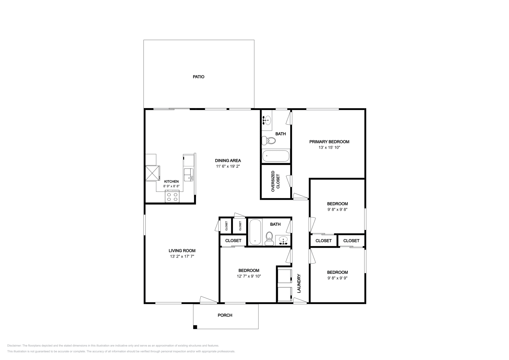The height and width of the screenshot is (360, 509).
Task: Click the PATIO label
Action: tap(199, 77)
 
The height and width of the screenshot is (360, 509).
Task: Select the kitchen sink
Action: tap(189, 174)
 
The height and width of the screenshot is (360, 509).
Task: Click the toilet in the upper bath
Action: tap(269, 140)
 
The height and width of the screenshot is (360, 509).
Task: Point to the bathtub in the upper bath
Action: tap(275, 156)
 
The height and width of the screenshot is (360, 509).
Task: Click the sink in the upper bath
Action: tap(267, 120)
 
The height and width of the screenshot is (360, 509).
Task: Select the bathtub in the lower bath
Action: tap(255, 232)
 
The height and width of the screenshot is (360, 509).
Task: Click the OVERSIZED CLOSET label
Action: tap(275, 182)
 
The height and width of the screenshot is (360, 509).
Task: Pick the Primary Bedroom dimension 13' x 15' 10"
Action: tap(329, 148)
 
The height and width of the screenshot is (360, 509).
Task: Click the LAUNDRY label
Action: tap(299, 283)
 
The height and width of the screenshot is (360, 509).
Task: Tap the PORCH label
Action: tap(225, 315)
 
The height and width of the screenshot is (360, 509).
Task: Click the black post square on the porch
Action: tap(195, 327)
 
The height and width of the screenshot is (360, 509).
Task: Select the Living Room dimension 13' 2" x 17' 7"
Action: tap(182, 256)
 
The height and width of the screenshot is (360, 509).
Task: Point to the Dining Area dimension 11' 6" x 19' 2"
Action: tap(228, 166)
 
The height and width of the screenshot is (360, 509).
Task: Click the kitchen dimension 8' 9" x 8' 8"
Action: tap(171, 186)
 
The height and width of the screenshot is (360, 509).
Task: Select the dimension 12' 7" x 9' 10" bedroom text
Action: tap(249, 276)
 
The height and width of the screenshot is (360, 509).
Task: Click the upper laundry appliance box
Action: tap(284, 276)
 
